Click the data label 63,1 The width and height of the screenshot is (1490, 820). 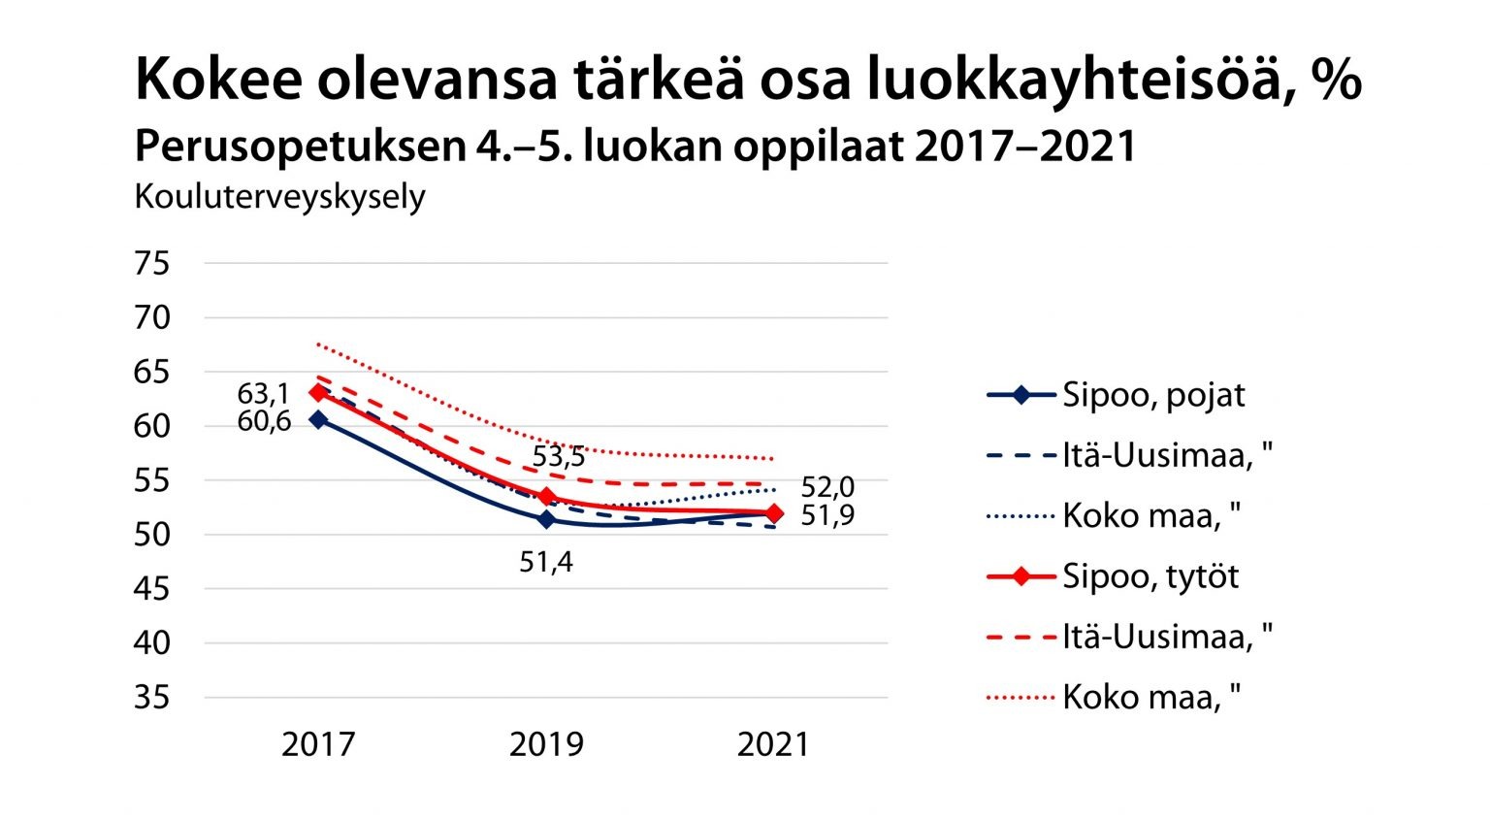tap(263, 394)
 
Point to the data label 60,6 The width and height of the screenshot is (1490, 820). tap(264, 421)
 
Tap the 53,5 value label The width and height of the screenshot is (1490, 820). tap(559, 456)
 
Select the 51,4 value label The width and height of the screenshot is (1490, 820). tap(546, 561)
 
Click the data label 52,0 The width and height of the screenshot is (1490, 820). tap(827, 488)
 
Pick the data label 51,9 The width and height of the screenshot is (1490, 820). tap(827, 515)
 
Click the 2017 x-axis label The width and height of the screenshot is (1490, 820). tap(318, 744)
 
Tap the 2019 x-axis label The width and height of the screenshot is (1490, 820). tap(546, 744)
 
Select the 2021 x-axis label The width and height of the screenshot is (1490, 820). tap(773, 744)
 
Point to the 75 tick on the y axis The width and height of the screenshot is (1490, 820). tap(151, 263)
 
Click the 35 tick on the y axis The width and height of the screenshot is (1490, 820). tap(151, 697)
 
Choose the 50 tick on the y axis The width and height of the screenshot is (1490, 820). tap(151, 534)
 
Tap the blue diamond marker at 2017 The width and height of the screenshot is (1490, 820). tap(318, 419)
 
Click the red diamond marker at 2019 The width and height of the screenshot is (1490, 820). tap(546, 497)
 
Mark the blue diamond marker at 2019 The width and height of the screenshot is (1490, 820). tap(546, 519)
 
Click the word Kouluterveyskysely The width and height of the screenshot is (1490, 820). tap(279, 197)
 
